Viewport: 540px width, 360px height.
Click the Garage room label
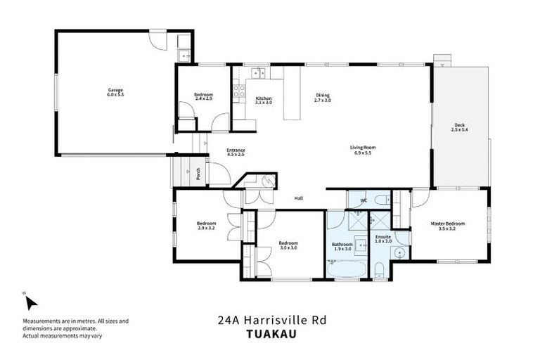pos(115,92)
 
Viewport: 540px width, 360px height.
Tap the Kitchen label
pos(264,100)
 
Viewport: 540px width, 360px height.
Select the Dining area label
pos(322,98)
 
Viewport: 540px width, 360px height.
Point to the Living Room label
pos(364,150)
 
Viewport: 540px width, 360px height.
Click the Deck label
pos(460,127)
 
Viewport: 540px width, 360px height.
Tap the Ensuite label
pos(383,239)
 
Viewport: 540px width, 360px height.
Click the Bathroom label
pos(342,246)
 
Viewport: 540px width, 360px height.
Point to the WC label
pos(364,201)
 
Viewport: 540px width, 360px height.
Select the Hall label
pos(298,198)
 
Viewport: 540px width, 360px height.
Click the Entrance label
pos(236,152)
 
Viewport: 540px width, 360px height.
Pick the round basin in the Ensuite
pos(401,254)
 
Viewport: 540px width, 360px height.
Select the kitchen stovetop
pos(239,90)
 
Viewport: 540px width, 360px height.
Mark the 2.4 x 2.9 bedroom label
pos(204,97)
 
